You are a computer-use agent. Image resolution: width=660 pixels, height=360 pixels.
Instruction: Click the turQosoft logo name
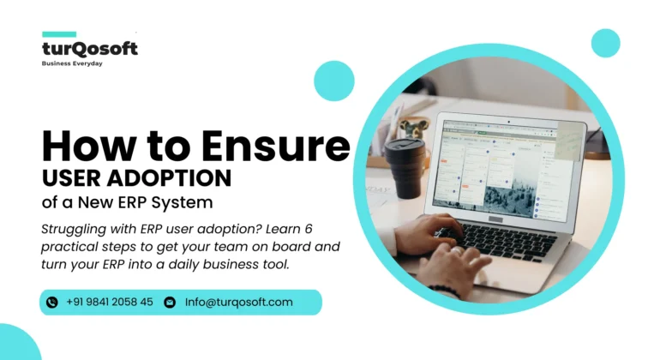(89, 49)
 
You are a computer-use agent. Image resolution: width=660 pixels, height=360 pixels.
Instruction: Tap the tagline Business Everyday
(73, 63)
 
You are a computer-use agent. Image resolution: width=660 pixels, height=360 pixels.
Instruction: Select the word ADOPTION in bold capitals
(178, 177)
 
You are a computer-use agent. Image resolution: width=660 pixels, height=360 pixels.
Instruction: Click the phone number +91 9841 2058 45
(110, 302)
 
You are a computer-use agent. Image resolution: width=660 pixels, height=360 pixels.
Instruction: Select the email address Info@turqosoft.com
(239, 302)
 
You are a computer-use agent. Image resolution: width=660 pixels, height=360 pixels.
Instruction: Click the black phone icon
(51, 302)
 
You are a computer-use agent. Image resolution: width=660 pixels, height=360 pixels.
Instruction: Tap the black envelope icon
(170, 302)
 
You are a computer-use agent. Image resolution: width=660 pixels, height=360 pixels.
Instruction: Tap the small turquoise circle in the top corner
(605, 43)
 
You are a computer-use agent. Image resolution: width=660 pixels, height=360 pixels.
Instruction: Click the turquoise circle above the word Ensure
(333, 81)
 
